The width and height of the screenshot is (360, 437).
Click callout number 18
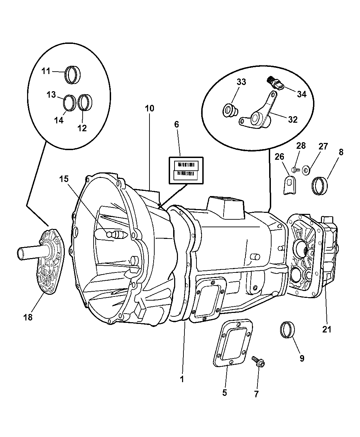[x=28, y=317]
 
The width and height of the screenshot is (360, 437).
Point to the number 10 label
[x=149, y=109]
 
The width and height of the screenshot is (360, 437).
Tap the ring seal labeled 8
[x=320, y=185]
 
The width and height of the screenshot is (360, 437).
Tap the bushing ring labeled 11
[x=72, y=75]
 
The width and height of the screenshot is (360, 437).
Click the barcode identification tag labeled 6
[x=186, y=170]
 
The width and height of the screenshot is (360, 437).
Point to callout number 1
[x=182, y=379]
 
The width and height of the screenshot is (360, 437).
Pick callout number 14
[x=59, y=120]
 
